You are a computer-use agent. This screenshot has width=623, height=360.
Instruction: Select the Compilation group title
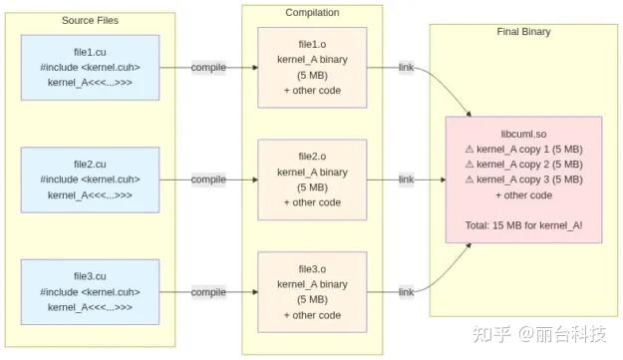(x=311, y=12)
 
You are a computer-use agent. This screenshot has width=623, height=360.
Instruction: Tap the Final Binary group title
(x=523, y=32)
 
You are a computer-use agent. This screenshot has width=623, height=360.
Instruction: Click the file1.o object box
(x=312, y=67)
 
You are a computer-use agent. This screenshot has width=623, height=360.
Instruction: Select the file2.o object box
(x=312, y=180)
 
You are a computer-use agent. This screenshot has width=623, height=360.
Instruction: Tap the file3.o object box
(x=312, y=291)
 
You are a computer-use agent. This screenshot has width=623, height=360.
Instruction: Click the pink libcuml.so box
(x=523, y=180)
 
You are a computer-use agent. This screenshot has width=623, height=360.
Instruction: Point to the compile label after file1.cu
(x=208, y=67)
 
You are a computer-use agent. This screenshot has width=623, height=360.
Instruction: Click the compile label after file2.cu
(x=208, y=180)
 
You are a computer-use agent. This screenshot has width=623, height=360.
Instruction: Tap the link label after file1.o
(x=406, y=67)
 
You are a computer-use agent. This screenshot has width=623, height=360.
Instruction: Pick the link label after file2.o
(x=406, y=180)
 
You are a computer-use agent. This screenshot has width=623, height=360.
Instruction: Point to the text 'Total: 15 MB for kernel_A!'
(x=523, y=226)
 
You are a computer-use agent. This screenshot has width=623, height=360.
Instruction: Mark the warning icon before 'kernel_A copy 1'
(x=469, y=148)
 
